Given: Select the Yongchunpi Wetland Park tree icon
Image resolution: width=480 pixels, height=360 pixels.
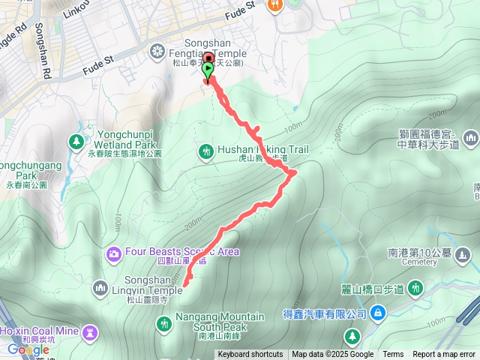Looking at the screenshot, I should click(x=76, y=140).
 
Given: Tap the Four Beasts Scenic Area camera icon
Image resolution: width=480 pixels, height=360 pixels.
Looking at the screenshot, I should click(x=114, y=252).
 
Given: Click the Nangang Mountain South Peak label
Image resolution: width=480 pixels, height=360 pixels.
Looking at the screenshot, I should click(x=220, y=321).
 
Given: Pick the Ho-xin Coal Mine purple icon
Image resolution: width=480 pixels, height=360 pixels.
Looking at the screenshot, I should click(x=91, y=331).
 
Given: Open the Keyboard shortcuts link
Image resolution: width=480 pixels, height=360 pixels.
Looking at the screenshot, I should click(x=250, y=355).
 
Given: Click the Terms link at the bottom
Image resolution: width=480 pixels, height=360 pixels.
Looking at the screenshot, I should click(x=393, y=355).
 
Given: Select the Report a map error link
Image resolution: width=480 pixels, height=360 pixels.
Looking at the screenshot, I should click(x=445, y=355).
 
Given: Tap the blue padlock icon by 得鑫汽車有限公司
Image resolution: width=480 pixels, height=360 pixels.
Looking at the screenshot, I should click(x=377, y=313).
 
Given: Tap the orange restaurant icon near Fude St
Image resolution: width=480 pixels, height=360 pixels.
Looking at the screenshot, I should click(x=276, y=4).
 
